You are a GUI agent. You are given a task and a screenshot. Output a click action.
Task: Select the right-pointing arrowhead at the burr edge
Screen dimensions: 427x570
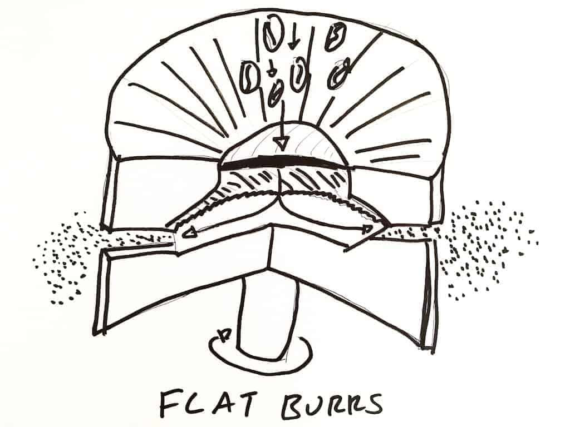tap(368, 228)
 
